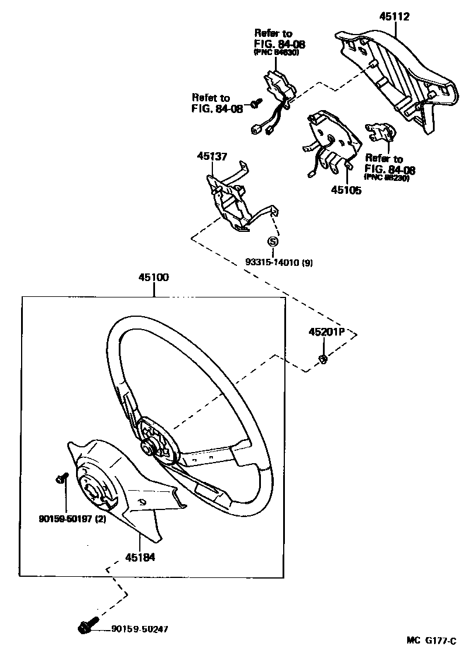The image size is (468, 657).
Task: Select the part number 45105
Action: tap(346, 190)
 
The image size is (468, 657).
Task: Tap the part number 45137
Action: tap(212, 156)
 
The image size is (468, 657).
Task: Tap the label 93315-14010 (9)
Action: tap(278, 263)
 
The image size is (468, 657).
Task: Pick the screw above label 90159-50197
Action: tap(60, 478)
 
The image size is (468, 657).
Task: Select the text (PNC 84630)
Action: tap(276, 53)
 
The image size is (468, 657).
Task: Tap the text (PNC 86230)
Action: tap(386, 177)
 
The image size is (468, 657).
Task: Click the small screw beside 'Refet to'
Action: tap(256, 104)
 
